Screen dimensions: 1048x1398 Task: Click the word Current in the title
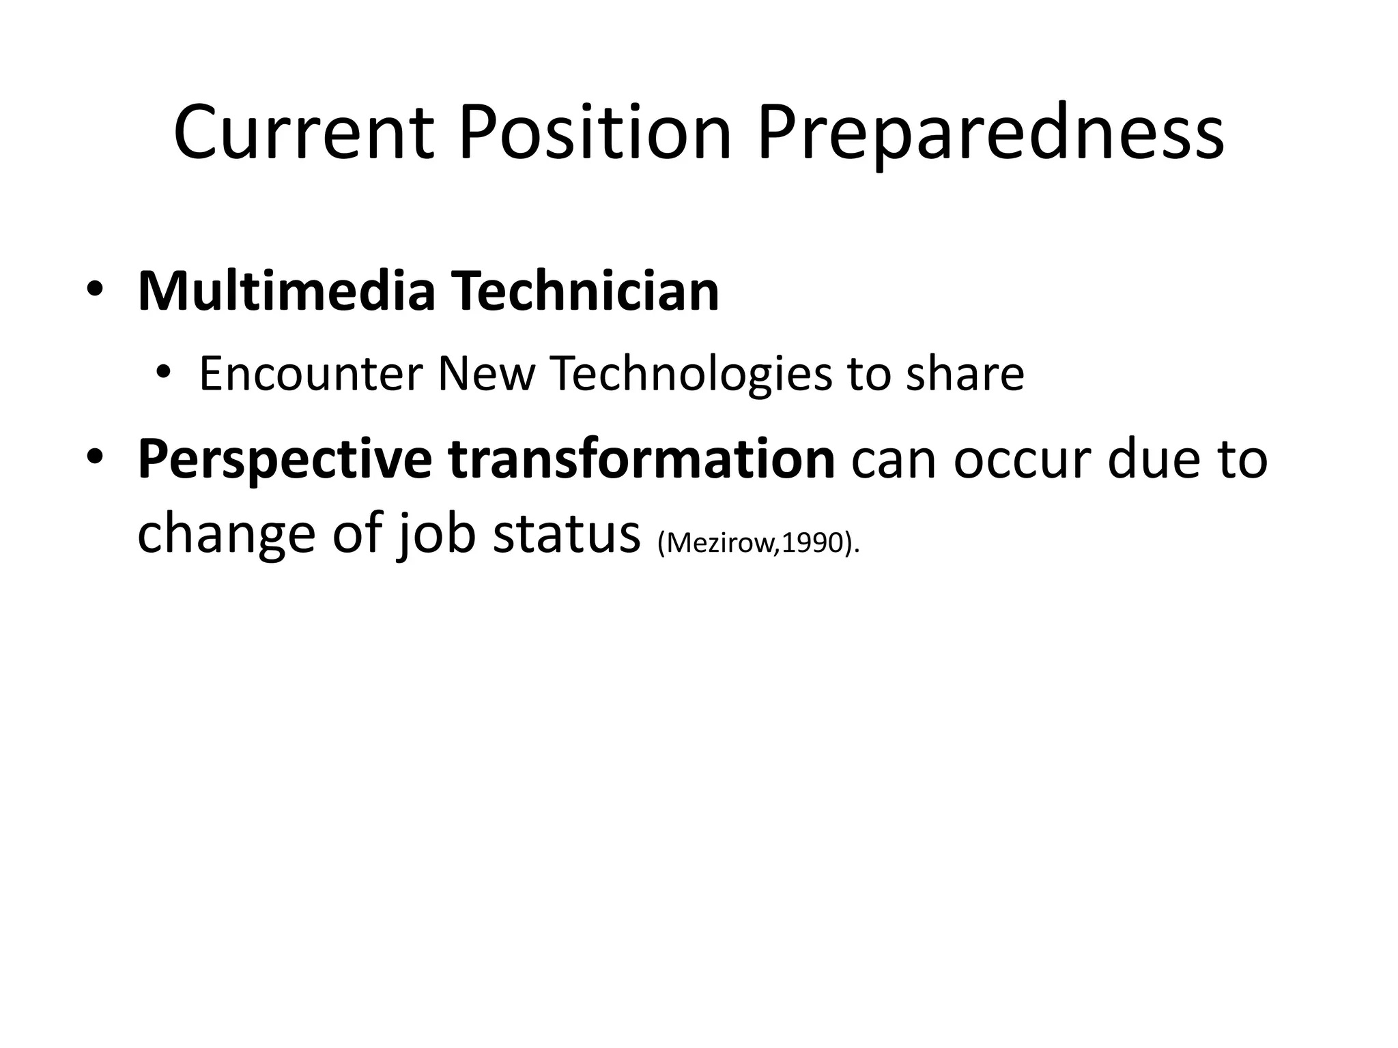coord(304,132)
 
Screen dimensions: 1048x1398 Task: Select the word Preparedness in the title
coord(990,134)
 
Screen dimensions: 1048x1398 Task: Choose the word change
coord(226,535)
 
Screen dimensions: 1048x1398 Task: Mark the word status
coord(566,535)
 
